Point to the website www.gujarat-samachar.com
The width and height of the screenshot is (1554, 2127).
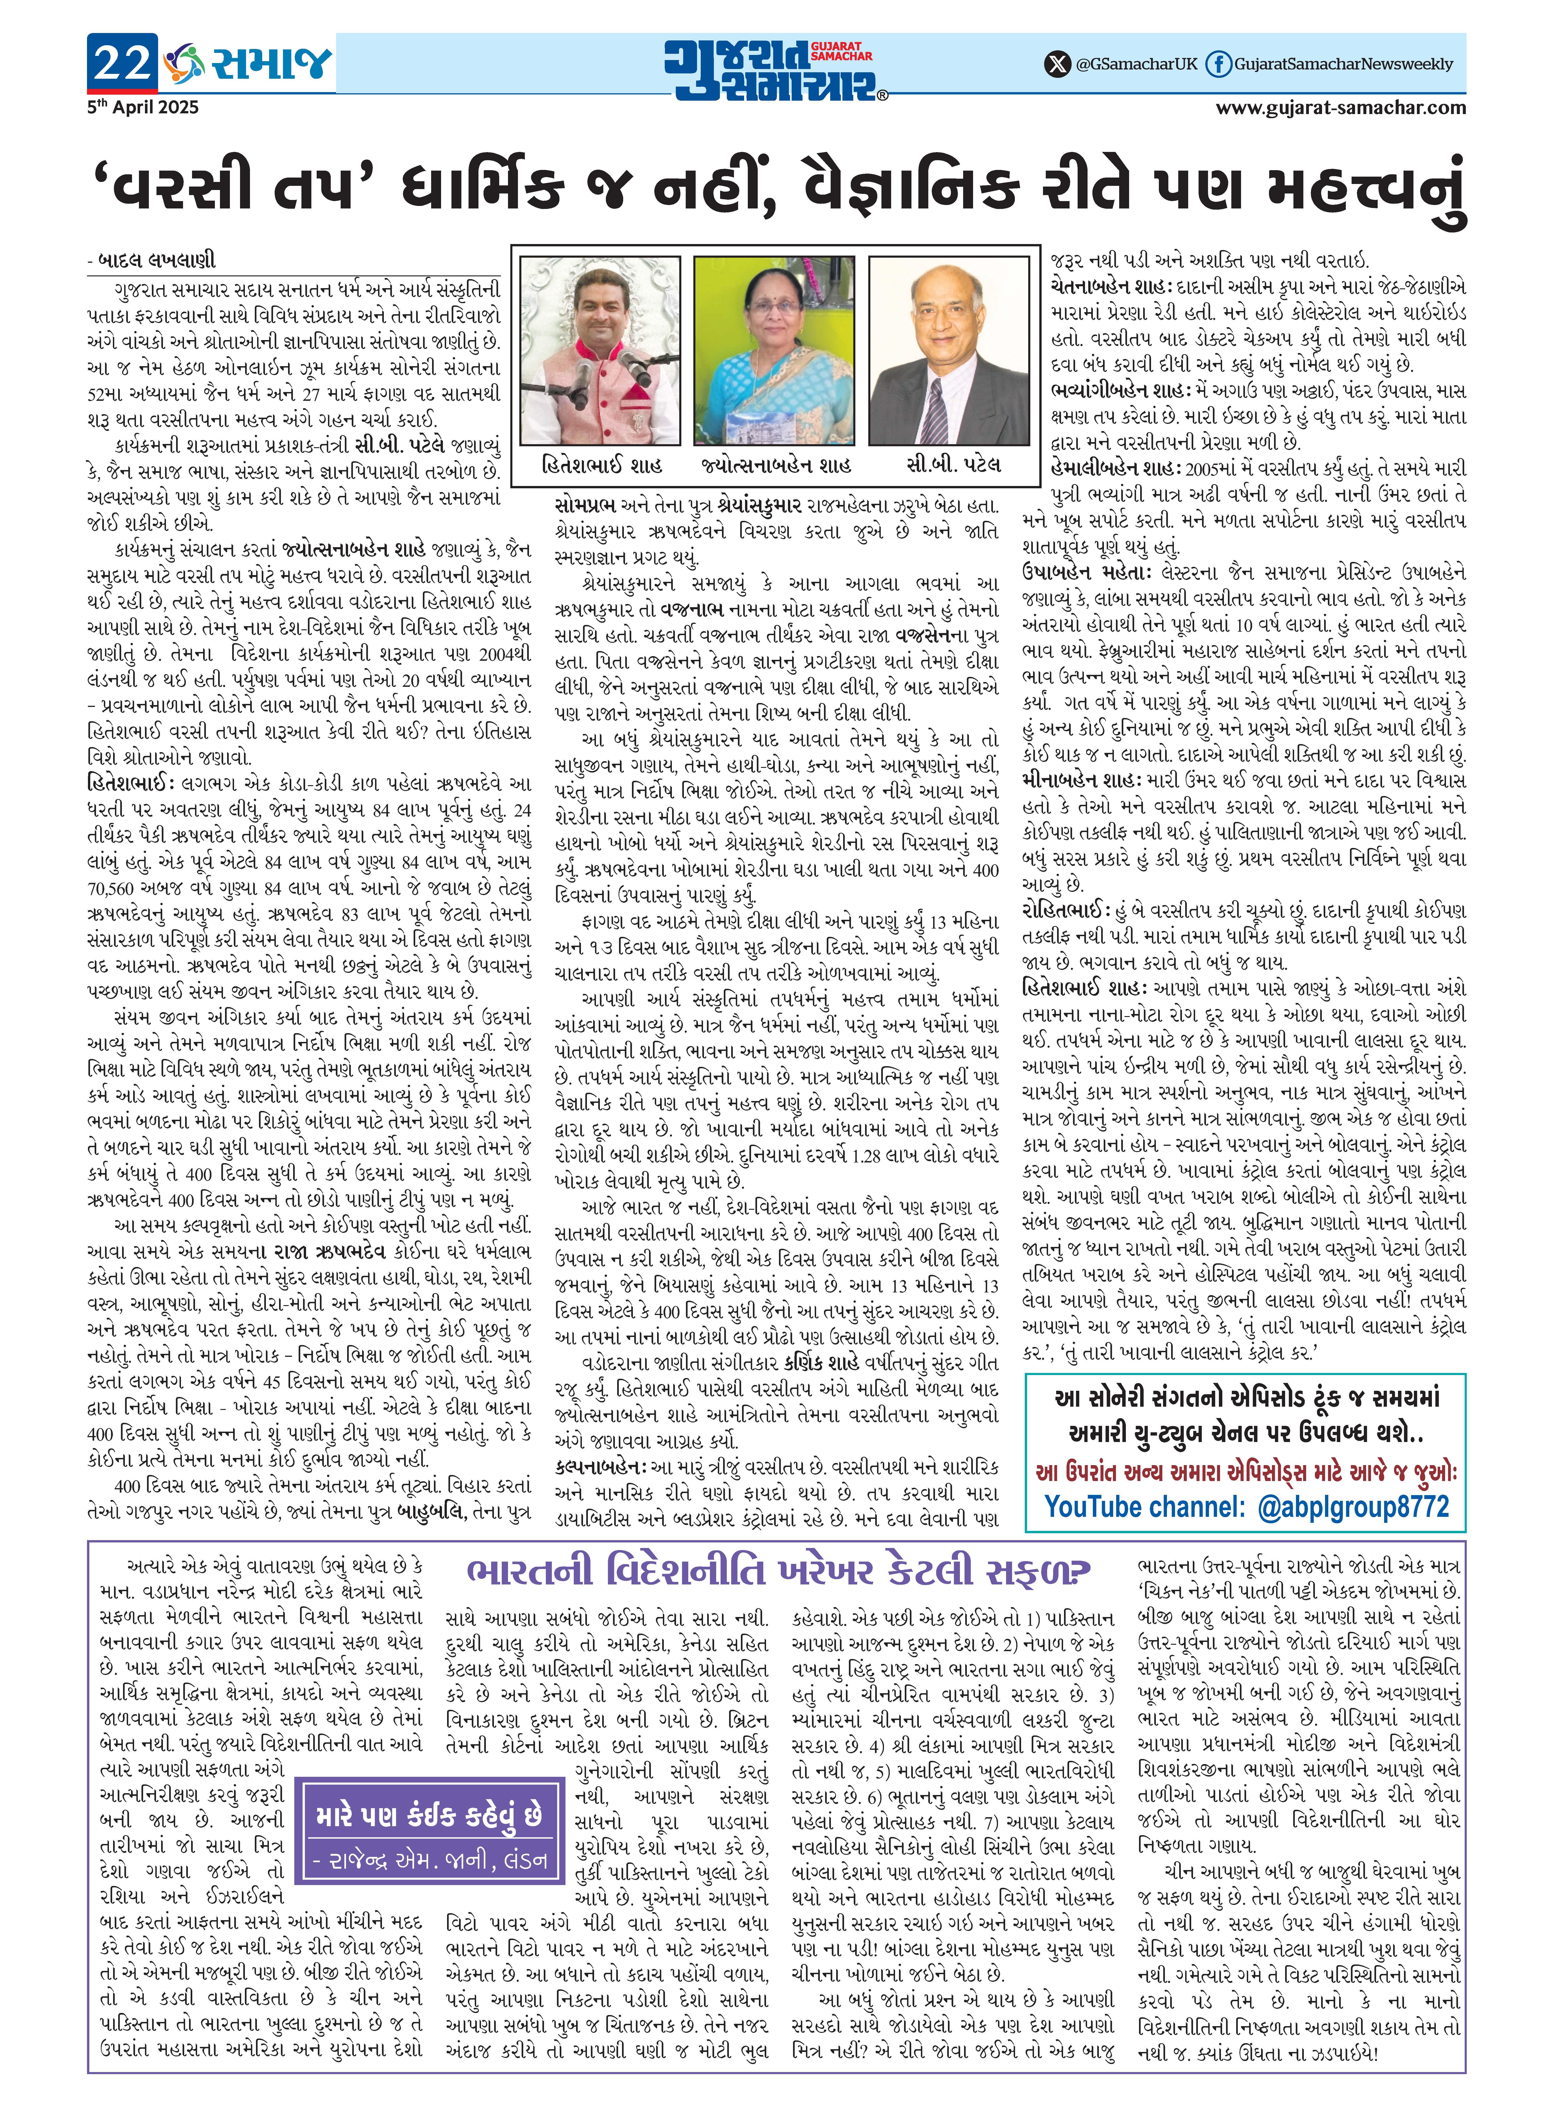pos(1341,107)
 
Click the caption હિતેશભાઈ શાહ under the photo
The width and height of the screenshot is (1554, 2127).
pos(602,465)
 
